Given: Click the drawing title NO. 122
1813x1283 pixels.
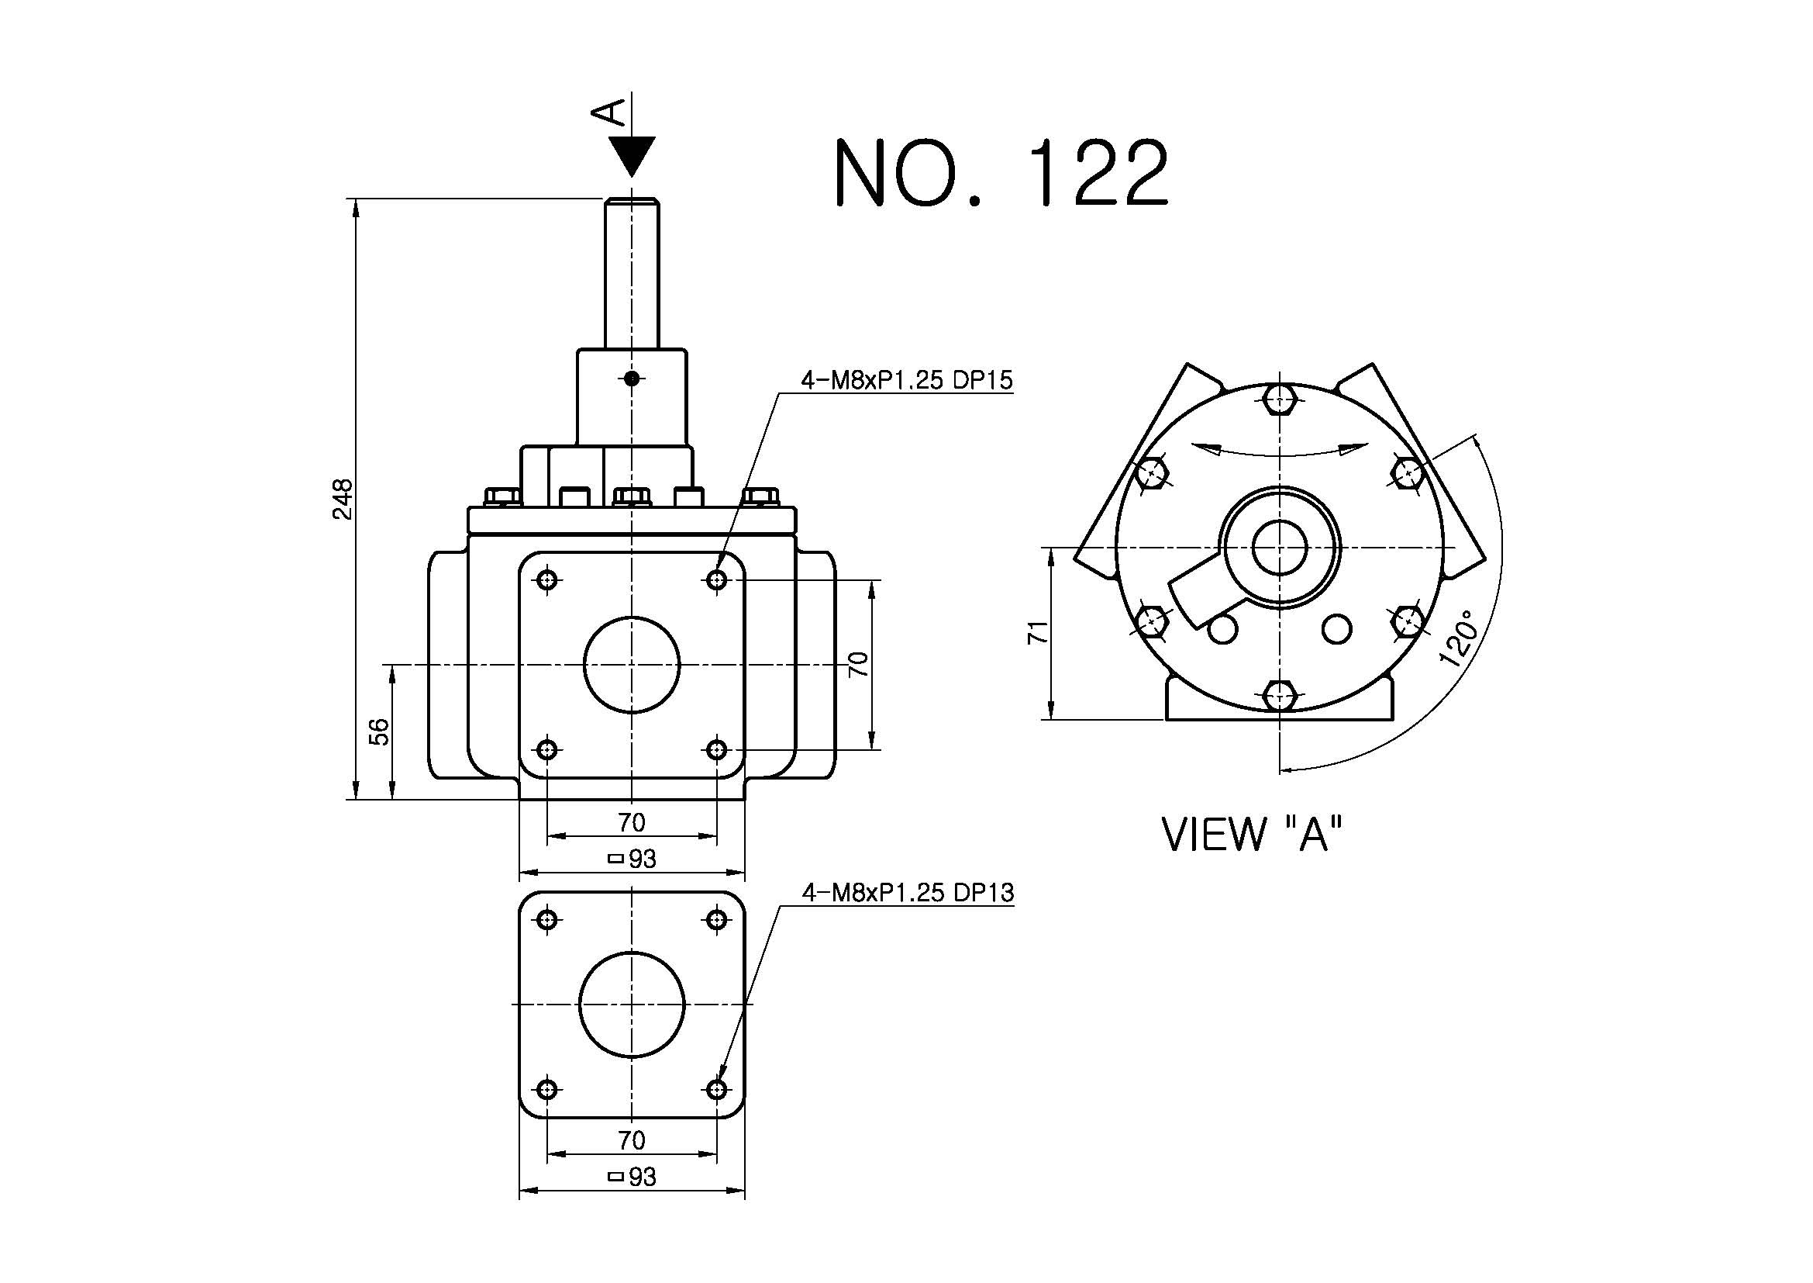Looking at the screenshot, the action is pyautogui.click(x=1001, y=173).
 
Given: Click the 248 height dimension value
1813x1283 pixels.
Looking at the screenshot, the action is pyautogui.click(x=343, y=499).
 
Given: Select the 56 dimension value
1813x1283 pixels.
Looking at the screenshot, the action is pyautogui.click(x=380, y=731).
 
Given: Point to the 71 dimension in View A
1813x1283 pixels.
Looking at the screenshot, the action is pyautogui.click(x=1039, y=632).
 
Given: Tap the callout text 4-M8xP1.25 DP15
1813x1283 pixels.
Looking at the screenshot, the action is pyautogui.click(x=907, y=381).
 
